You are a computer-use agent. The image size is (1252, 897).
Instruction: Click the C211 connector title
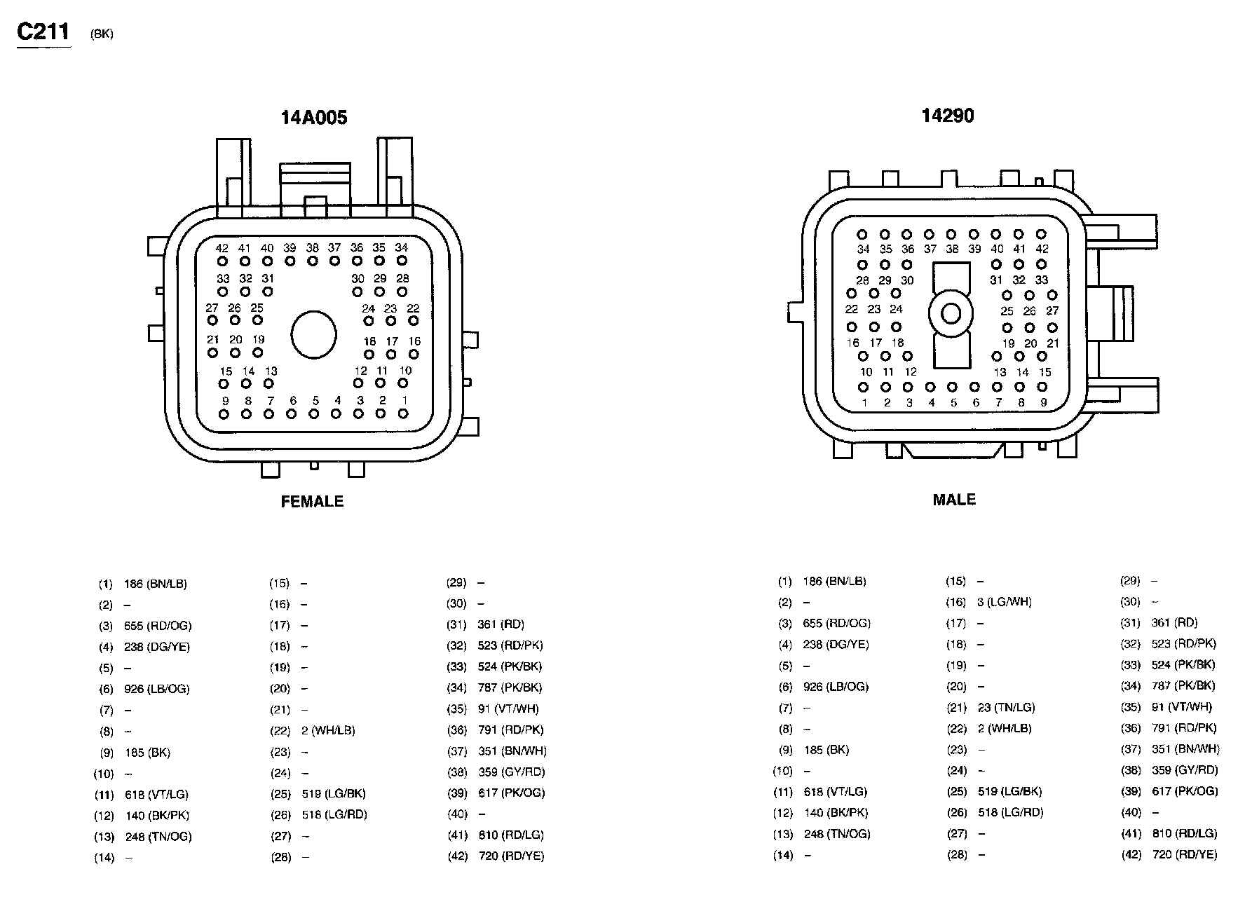tap(43, 32)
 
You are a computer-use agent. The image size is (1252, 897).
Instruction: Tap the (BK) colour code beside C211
tap(102, 34)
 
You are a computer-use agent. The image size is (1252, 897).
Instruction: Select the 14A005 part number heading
tap(314, 117)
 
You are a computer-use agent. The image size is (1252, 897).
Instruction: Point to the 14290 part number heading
tap(948, 116)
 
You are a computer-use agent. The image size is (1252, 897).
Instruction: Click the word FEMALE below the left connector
tap(313, 502)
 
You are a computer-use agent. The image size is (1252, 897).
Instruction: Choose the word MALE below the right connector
tap(954, 500)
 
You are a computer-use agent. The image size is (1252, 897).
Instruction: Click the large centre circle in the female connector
tap(314, 334)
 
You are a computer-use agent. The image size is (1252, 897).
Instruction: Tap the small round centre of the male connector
tap(951, 313)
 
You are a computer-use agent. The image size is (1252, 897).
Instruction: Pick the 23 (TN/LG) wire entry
tap(1007, 708)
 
